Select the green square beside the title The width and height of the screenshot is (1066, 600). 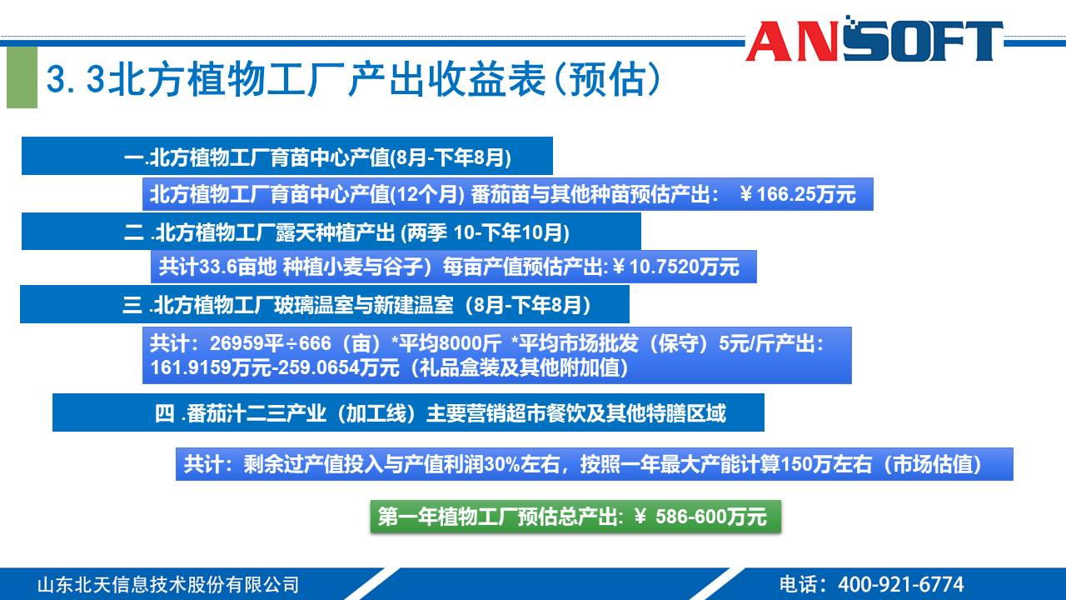(x=22, y=77)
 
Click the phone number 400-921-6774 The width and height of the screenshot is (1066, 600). (x=900, y=584)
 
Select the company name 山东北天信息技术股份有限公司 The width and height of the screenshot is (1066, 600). (x=167, y=584)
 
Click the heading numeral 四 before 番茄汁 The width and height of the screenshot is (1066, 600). (x=164, y=413)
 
